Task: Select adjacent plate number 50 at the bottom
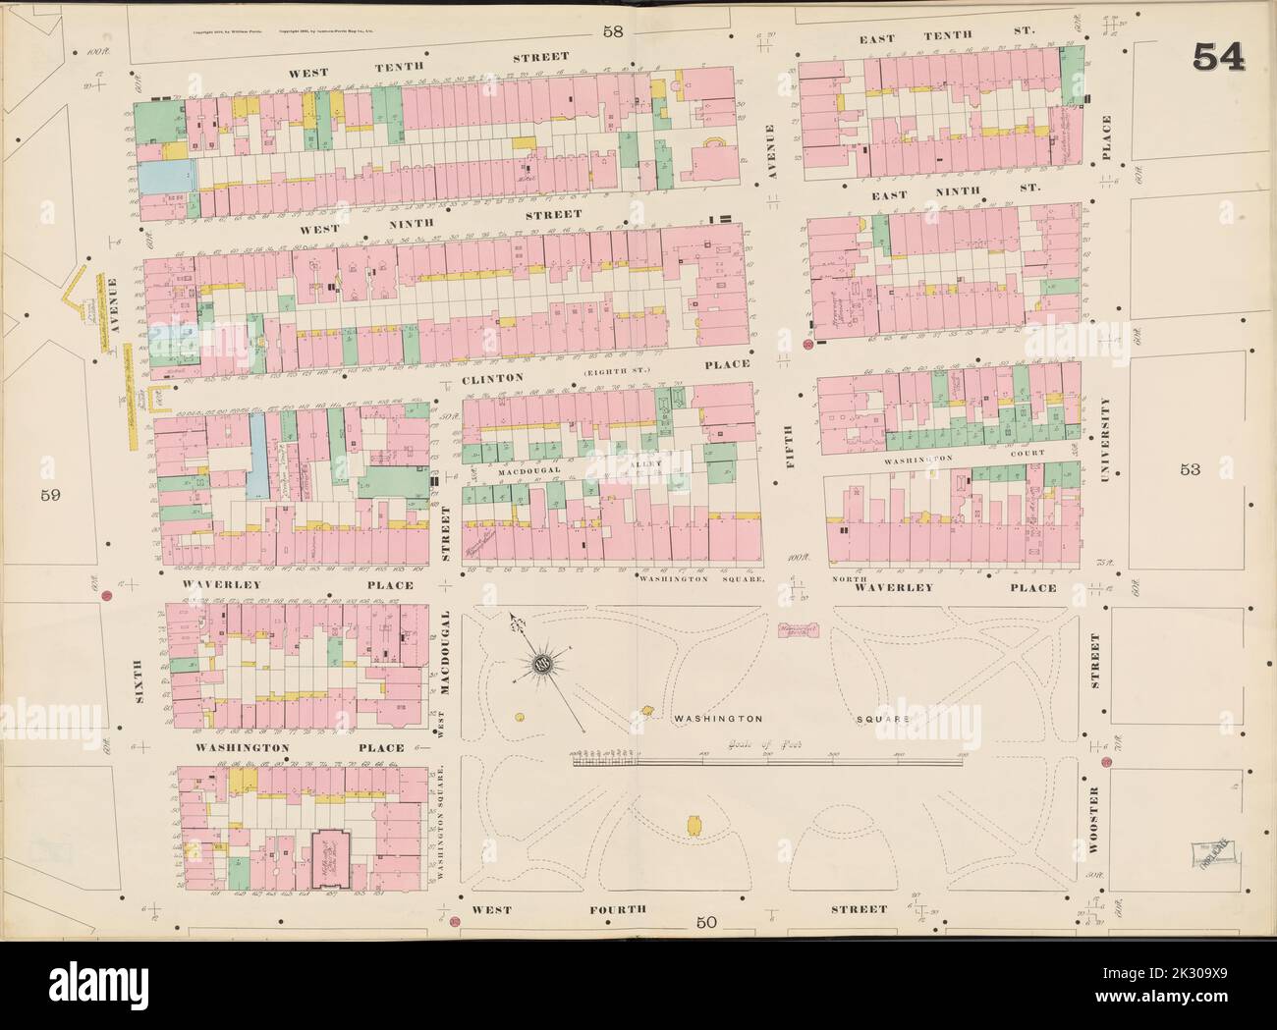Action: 704,921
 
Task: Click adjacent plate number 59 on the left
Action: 51,496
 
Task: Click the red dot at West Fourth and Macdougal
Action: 455,921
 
